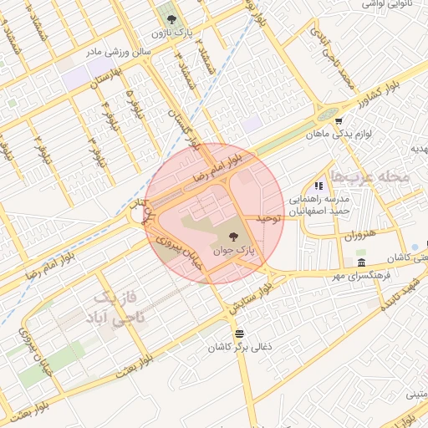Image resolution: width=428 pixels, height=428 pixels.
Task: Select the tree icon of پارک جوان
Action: point(233,237)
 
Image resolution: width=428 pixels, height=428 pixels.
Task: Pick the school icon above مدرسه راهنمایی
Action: point(318,186)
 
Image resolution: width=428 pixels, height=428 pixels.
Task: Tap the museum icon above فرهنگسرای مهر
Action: point(361,262)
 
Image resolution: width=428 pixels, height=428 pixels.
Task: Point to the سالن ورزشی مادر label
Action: point(125,51)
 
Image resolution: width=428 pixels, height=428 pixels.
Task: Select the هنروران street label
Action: point(361,237)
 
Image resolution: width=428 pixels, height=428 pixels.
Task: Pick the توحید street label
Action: point(266,217)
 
